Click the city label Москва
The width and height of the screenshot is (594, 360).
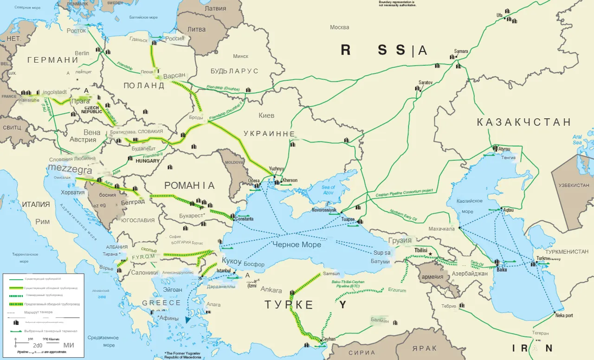pos(339,27)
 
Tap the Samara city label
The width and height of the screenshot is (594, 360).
pos(461,51)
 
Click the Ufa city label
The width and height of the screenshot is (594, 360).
pos(499,15)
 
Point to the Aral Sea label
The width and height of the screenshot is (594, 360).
pos(577,140)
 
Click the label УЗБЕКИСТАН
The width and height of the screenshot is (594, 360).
pos(574,185)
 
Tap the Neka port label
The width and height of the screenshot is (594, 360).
pos(564,315)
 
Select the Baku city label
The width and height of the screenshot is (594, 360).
pos(502,270)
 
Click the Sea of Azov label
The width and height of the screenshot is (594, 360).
pos(328,190)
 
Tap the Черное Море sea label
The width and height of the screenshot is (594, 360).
pos(297,244)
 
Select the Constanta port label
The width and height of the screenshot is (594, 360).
pos(244,219)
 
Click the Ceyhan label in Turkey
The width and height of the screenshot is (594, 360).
pos(328,339)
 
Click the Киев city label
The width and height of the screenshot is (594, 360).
pos(266,115)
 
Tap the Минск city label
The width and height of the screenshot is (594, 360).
pos(240,56)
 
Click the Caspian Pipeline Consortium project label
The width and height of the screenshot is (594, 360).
pos(404,192)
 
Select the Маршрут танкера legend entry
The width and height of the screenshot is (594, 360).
pos(39,312)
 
